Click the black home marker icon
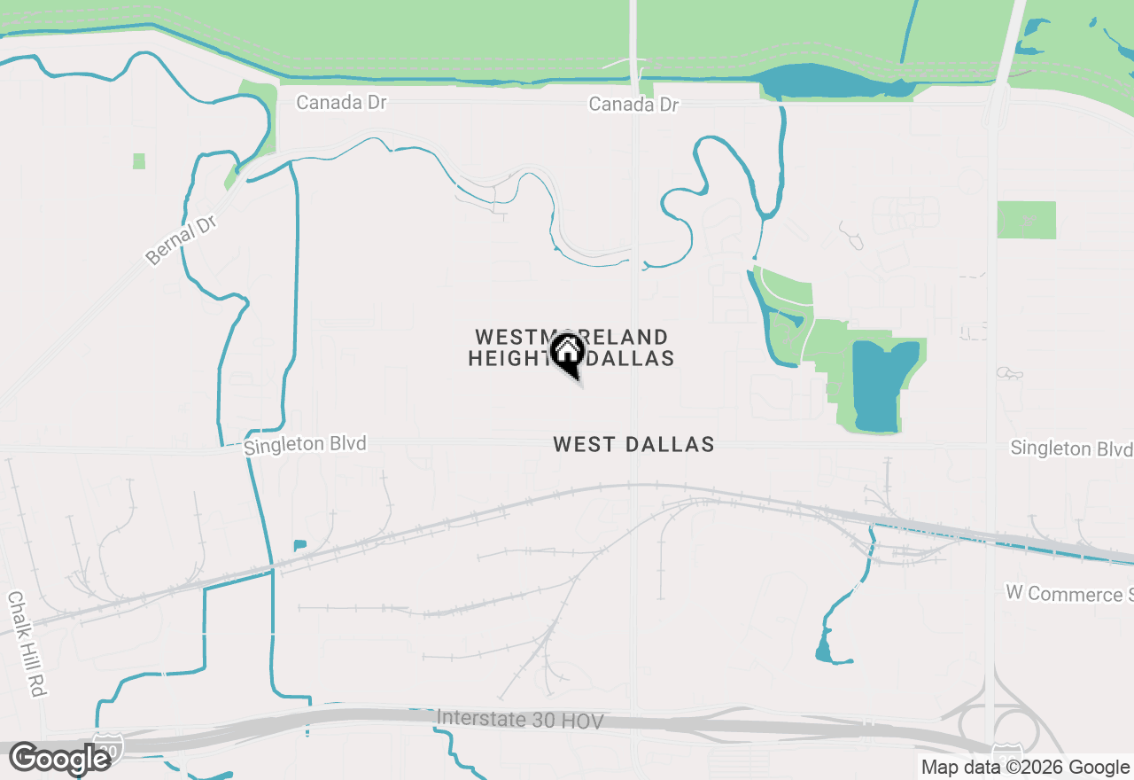pyautogui.click(x=567, y=354)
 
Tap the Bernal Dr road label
pyautogui.click(x=182, y=239)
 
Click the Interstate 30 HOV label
pyautogui.click(x=520, y=720)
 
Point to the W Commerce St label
pyautogui.click(x=1068, y=593)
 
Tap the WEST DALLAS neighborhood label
pyautogui.click(x=633, y=444)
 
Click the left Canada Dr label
pyautogui.click(x=341, y=102)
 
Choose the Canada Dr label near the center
pyautogui.click(x=634, y=105)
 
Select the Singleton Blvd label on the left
pyautogui.click(x=305, y=444)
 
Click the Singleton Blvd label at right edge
pyautogui.click(x=1070, y=448)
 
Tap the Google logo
pyautogui.click(x=59, y=759)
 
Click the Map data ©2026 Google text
pyautogui.click(x=1025, y=768)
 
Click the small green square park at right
pyautogui.click(x=1026, y=220)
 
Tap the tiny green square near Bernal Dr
pyautogui.click(x=139, y=161)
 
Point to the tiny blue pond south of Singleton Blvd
pyautogui.click(x=299, y=544)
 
